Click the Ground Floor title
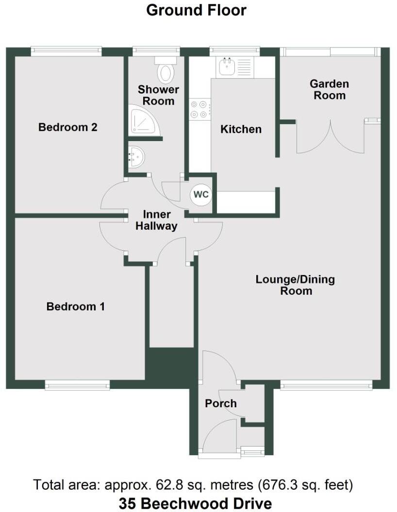pyautogui.click(x=196, y=10)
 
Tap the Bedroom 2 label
pyautogui.click(x=68, y=127)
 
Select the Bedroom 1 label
pyautogui.click(x=76, y=306)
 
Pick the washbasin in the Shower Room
pyautogui.click(x=135, y=157)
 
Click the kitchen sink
pyautogui.click(x=227, y=67)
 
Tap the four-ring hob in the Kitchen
pyautogui.click(x=200, y=109)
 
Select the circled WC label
pyautogui.click(x=201, y=194)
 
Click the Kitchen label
pyautogui.click(x=241, y=129)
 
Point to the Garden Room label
pyautogui.click(x=330, y=89)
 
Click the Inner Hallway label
pyautogui.click(x=156, y=220)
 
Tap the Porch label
pyautogui.click(x=221, y=403)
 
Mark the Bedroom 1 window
pyautogui.click(x=77, y=386)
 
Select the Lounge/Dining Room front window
pyautogui.click(x=326, y=386)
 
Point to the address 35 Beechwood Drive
pyautogui.click(x=195, y=503)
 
